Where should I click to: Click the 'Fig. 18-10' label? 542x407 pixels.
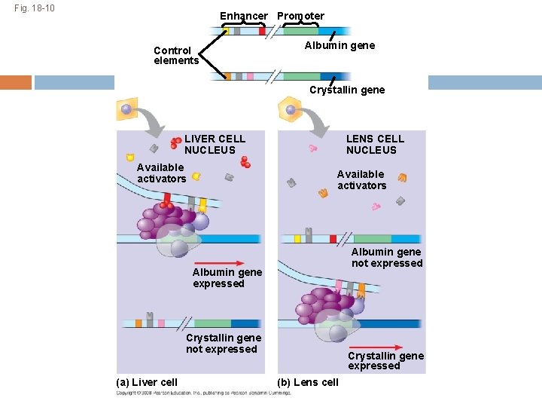coord(34,10)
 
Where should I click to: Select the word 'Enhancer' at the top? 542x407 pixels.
coord(243,16)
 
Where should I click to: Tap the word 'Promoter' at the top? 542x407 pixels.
coord(300,16)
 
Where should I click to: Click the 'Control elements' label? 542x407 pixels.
coord(175,56)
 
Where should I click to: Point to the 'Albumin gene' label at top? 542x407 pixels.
coord(340,45)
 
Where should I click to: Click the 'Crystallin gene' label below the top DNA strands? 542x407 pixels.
coord(347,90)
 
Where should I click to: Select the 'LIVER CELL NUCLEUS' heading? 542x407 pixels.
coord(215,144)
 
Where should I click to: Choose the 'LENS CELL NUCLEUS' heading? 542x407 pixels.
coord(375,144)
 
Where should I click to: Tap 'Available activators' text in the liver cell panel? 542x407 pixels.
coord(161,173)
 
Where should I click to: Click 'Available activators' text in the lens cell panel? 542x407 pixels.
coord(361,179)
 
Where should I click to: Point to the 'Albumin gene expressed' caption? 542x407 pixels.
coord(227,277)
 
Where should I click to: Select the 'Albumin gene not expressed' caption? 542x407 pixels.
coord(387,257)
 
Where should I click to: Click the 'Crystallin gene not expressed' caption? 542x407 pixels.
coord(224,343)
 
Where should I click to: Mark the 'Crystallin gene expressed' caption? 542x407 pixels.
coord(385,360)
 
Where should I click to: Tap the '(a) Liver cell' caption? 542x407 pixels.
coord(148,382)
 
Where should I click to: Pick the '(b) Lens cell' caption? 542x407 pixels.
coord(308,382)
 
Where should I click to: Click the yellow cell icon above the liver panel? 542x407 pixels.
coord(126,109)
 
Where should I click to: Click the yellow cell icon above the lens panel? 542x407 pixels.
coord(289,110)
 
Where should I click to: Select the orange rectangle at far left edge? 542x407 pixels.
coord(16,82)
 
